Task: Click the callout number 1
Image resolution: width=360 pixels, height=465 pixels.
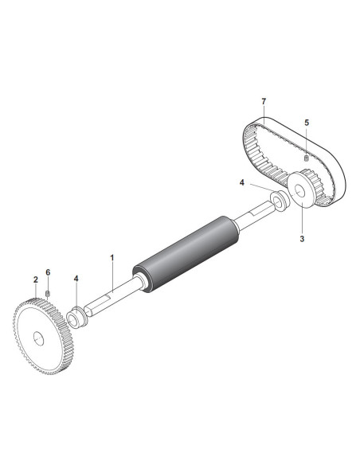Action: [x=112, y=258]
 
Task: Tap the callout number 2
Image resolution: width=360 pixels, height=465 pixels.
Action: [x=36, y=279]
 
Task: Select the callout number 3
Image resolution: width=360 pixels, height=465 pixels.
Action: [x=302, y=238]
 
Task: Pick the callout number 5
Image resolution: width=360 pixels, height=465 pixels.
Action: [x=307, y=123]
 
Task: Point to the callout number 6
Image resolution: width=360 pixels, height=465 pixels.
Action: [x=48, y=272]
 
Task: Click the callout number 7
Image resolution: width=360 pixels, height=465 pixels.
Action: [x=264, y=101]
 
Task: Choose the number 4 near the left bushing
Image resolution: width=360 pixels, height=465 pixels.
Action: [x=76, y=279]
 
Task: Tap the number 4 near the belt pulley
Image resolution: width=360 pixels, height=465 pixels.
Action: [x=242, y=182]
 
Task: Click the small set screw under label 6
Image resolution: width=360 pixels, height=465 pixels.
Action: [x=48, y=294]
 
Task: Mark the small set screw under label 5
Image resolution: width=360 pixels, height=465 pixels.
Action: [x=307, y=158]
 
